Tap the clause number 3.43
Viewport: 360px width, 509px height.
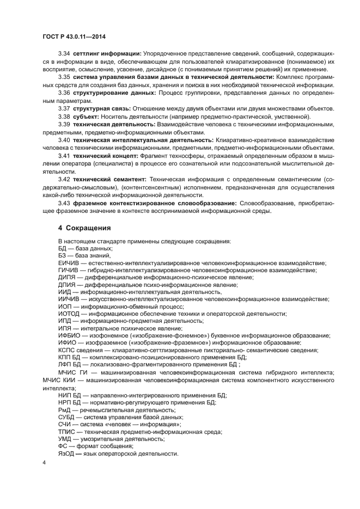(x=64, y=203)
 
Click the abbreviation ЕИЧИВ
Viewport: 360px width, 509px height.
(x=69, y=262)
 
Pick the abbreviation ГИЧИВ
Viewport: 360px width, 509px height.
(x=68, y=269)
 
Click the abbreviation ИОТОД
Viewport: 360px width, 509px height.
(x=69, y=314)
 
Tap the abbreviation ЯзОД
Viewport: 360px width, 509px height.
(x=67, y=453)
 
